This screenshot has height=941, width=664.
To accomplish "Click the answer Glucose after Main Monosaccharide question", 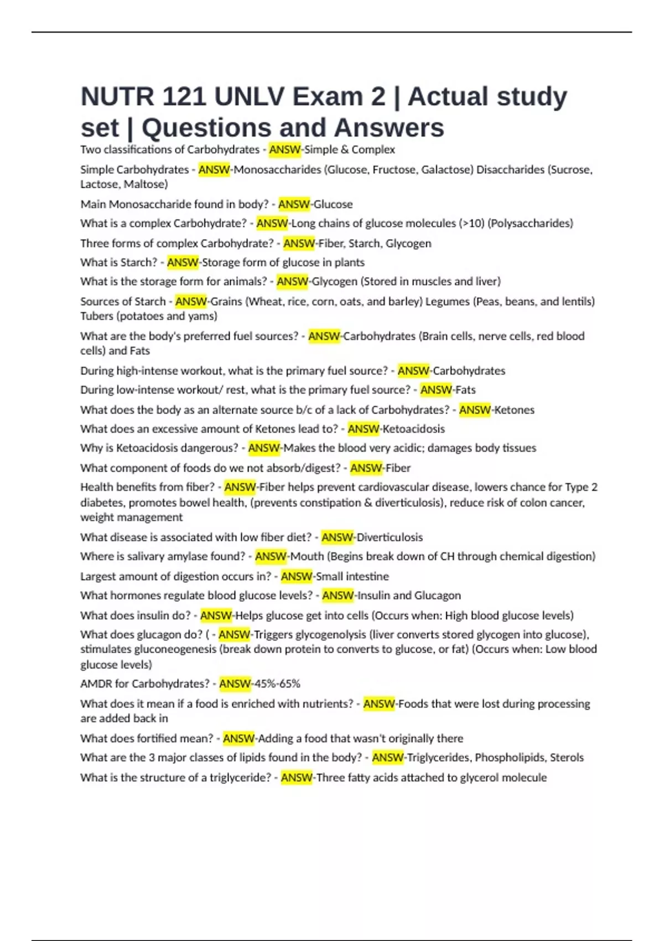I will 333,204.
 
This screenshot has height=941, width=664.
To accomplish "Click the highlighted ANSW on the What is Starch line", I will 183,262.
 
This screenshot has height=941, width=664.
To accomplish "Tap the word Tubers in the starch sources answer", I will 97,316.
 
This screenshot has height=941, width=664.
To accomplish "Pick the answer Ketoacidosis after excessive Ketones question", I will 414,429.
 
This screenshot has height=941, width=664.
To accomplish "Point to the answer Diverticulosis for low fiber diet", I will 390,537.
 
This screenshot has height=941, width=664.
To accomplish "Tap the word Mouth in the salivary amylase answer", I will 307,556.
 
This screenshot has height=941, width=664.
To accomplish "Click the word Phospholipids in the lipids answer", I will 509,758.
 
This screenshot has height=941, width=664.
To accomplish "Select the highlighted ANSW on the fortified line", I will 238,738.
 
